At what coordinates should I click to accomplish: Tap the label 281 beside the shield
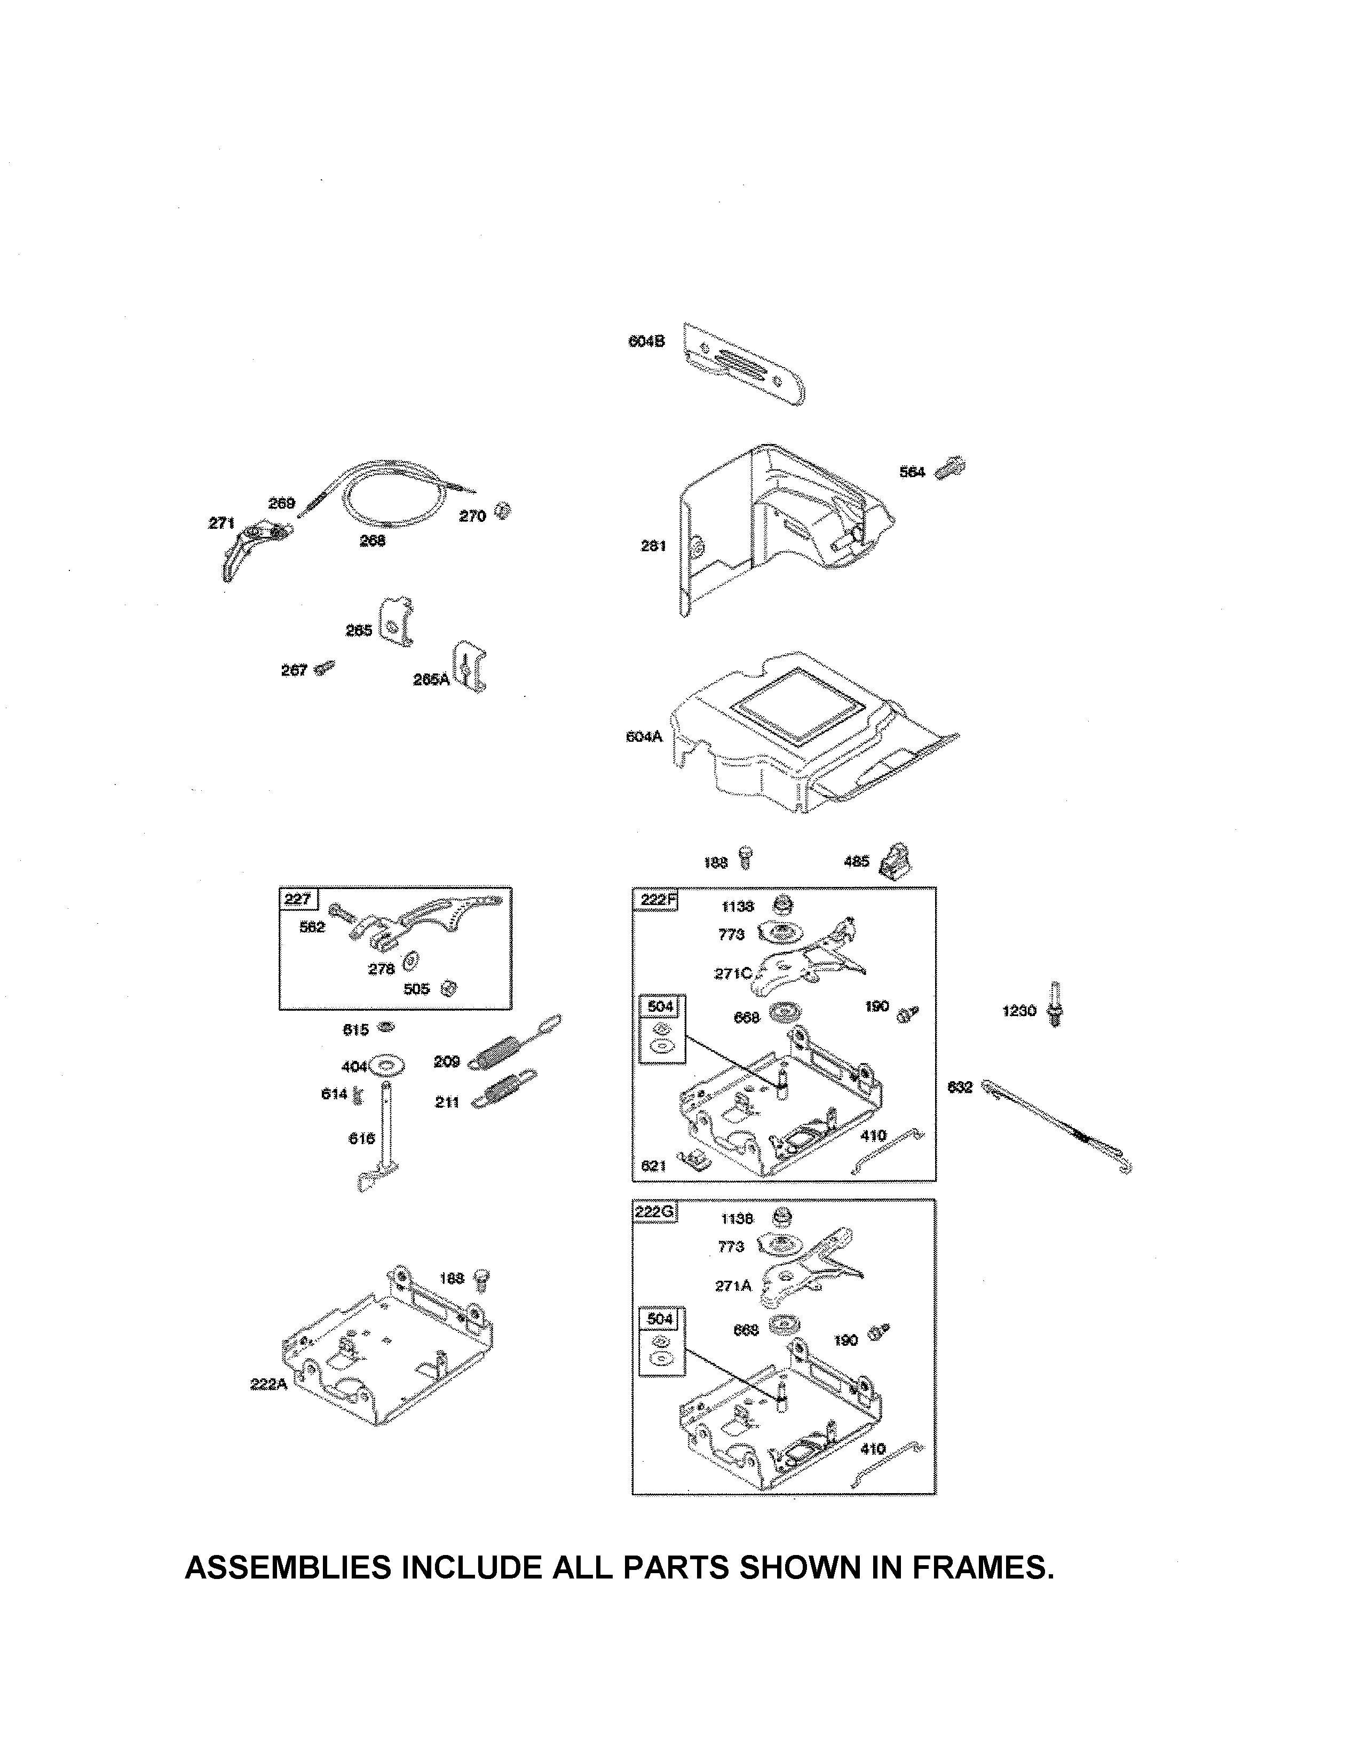pos(654,546)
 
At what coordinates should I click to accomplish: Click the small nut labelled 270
pos(504,511)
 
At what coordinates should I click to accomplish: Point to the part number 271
pos(221,523)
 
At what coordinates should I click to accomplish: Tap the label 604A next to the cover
pos(644,736)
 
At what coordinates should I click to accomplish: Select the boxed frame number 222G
pos(655,1211)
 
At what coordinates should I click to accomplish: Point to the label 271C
pos(732,974)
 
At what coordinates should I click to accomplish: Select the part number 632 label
pos(960,1088)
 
